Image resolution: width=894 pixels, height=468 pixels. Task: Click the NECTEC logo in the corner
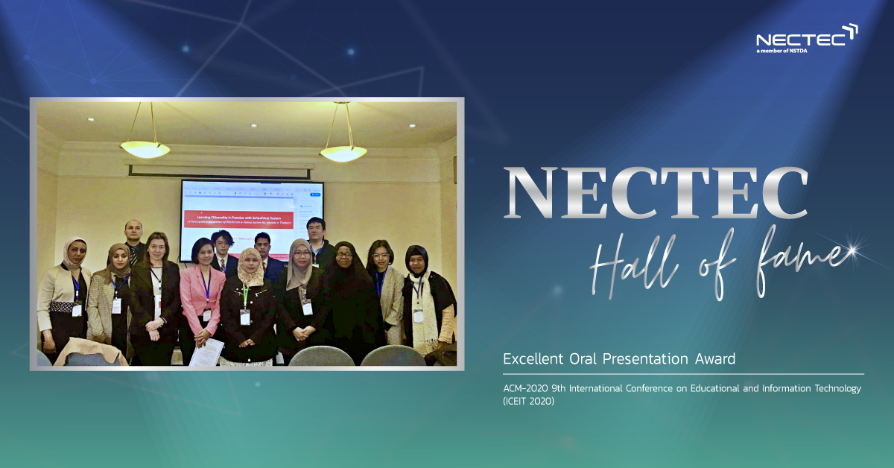(807, 37)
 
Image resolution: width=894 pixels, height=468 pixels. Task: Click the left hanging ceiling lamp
(145, 148)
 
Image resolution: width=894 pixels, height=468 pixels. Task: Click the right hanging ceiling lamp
(343, 152)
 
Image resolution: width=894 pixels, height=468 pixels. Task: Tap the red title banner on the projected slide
(238, 219)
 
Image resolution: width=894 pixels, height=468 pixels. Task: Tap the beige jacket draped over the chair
(89, 350)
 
